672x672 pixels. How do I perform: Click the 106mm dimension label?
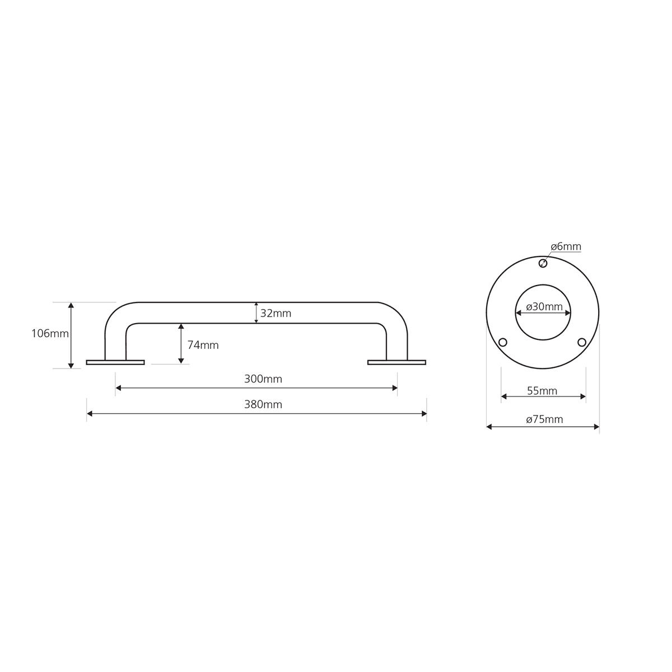click(x=50, y=334)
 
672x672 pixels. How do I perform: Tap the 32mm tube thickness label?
click(x=276, y=314)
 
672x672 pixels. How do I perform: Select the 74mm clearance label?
click(x=203, y=346)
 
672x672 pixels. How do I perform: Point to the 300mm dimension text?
click(x=263, y=379)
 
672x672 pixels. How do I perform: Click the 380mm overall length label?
click(x=263, y=404)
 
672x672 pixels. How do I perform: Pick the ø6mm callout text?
click(x=566, y=247)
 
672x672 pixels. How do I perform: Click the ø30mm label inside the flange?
click(x=544, y=307)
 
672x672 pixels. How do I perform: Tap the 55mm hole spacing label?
click(x=542, y=391)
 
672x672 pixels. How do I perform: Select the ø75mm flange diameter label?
click(x=544, y=419)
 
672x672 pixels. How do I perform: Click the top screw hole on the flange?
click(x=543, y=263)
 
